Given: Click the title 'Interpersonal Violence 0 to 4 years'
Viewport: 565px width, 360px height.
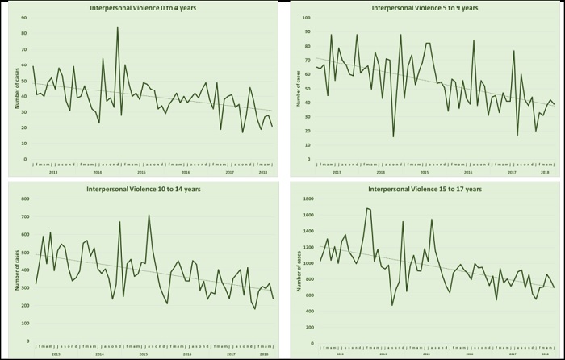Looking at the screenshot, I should click(x=142, y=8).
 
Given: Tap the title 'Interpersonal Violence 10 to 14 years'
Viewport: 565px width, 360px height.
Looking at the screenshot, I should click(x=142, y=190).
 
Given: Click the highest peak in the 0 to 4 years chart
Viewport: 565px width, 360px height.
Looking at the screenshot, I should click(x=117, y=27).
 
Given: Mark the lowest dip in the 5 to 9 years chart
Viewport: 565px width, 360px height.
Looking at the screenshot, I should click(x=394, y=136).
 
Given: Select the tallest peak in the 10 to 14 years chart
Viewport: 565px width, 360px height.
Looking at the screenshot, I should click(x=149, y=215).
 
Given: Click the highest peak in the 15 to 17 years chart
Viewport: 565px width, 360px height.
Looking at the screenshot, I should click(x=367, y=208).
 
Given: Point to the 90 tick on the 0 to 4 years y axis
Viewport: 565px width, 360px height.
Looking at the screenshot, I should click(x=24, y=16).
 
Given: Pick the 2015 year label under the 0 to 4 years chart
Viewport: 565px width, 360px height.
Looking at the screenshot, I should click(x=141, y=173).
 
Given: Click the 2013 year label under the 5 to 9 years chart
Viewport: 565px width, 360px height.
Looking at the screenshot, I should click(x=335, y=173).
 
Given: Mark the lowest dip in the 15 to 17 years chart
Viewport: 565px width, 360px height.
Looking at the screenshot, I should click(x=392, y=305).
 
